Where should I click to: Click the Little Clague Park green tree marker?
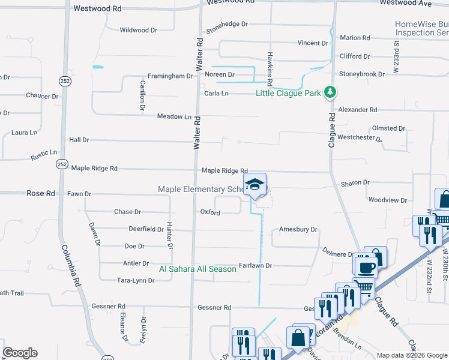[x=330, y=92]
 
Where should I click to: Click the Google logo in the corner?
[x=20, y=353]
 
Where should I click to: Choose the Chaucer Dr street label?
[x=42, y=96]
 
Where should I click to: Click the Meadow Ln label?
[x=174, y=116]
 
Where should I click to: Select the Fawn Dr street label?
[x=79, y=194]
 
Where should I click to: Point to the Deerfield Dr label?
[x=146, y=229]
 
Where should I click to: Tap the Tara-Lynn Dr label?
[x=136, y=280]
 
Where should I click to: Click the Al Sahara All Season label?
[x=197, y=269]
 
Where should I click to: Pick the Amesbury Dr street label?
[x=298, y=230]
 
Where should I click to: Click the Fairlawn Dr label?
[x=256, y=265]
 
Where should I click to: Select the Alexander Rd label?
[x=357, y=110]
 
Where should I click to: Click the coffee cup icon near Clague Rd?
[x=366, y=266]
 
